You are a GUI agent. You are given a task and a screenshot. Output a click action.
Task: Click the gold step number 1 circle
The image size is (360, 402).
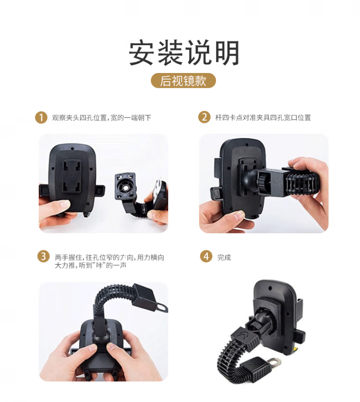pos(41,118)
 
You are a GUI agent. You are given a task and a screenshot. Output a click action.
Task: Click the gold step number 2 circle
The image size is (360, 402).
pos(204,117)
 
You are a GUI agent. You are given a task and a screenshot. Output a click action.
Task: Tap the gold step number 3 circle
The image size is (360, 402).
pos(43,256)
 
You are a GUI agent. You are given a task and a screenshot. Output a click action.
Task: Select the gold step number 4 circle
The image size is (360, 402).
pos(206,256)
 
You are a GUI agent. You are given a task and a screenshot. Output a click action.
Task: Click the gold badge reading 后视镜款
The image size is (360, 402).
pos(183,81)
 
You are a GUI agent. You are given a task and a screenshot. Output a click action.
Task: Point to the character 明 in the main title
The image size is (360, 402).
pos(227,53)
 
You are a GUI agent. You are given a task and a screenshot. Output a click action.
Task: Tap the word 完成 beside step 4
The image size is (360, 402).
pos(224,257)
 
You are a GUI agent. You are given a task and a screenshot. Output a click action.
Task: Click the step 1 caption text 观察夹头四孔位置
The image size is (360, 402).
pos(79,118)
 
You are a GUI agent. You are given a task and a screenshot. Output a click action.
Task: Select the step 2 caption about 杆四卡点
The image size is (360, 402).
pos(263,117)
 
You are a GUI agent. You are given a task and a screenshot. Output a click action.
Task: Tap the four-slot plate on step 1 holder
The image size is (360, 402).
pos(72,177)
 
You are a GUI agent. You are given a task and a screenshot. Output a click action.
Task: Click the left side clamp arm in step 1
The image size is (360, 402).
pos(44,190)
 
